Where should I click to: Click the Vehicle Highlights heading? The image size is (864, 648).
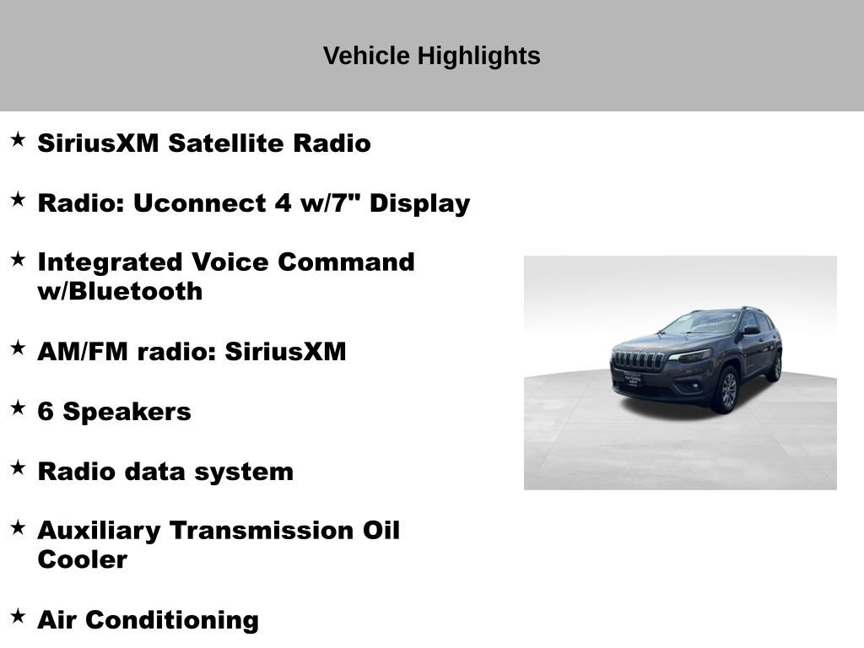pos(431,57)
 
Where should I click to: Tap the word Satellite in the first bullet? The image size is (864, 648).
pos(226,143)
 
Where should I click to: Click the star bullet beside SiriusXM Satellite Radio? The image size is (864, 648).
pos(18,139)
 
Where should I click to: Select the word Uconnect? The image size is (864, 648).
pos(199,203)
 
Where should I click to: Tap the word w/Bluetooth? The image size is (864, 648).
pos(120,292)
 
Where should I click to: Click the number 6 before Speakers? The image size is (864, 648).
pos(46,412)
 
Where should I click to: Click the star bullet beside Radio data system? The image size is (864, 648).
pos(18,467)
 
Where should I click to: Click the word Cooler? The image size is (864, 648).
pos(82,560)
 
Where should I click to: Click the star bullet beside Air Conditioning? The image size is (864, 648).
pos(18,616)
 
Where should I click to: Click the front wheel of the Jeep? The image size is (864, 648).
pos(725,390)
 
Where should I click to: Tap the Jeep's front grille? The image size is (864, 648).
pos(639,360)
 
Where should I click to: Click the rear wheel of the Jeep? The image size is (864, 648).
pos(775,366)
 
